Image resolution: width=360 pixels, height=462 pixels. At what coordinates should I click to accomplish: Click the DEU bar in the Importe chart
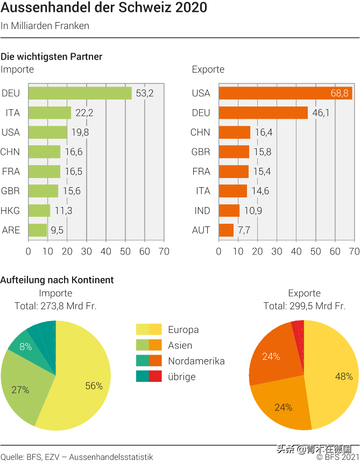tap(80, 94)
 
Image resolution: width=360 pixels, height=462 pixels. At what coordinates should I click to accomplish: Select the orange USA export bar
tap(285, 94)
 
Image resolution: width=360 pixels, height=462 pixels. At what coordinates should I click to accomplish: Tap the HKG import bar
tap(39, 210)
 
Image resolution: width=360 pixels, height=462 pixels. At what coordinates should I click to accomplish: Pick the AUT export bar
tap(226, 230)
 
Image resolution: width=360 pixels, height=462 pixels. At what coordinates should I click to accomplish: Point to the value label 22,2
tap(84, 113)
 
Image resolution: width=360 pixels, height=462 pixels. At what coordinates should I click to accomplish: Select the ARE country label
tap(11, 230)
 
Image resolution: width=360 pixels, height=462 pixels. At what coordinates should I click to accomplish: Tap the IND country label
tap(202, 210)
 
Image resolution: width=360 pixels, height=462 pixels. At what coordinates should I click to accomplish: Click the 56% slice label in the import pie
tap(94, 386)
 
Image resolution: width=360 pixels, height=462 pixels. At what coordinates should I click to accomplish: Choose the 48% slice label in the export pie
tap(344, 376)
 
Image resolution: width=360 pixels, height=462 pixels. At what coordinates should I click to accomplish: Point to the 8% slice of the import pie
tap(25, 347)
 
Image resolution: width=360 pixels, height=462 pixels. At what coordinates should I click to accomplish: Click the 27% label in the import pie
tap(20, 390)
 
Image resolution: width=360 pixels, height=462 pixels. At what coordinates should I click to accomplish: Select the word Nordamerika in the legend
tap(196, 361)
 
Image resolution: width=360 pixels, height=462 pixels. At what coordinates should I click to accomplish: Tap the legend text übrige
tap(182, 376)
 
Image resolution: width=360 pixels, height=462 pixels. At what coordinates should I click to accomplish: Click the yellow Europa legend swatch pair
tap(149, 330)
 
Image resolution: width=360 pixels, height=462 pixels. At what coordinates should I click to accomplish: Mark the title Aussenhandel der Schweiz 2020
tap(104, 9)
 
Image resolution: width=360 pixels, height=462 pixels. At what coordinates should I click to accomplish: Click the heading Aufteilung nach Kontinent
tap(57, 280)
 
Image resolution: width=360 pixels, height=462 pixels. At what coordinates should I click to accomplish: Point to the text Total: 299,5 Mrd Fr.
tap(304, 306)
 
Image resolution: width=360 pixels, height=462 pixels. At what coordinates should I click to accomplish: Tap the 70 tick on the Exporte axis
tap(354, 251)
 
